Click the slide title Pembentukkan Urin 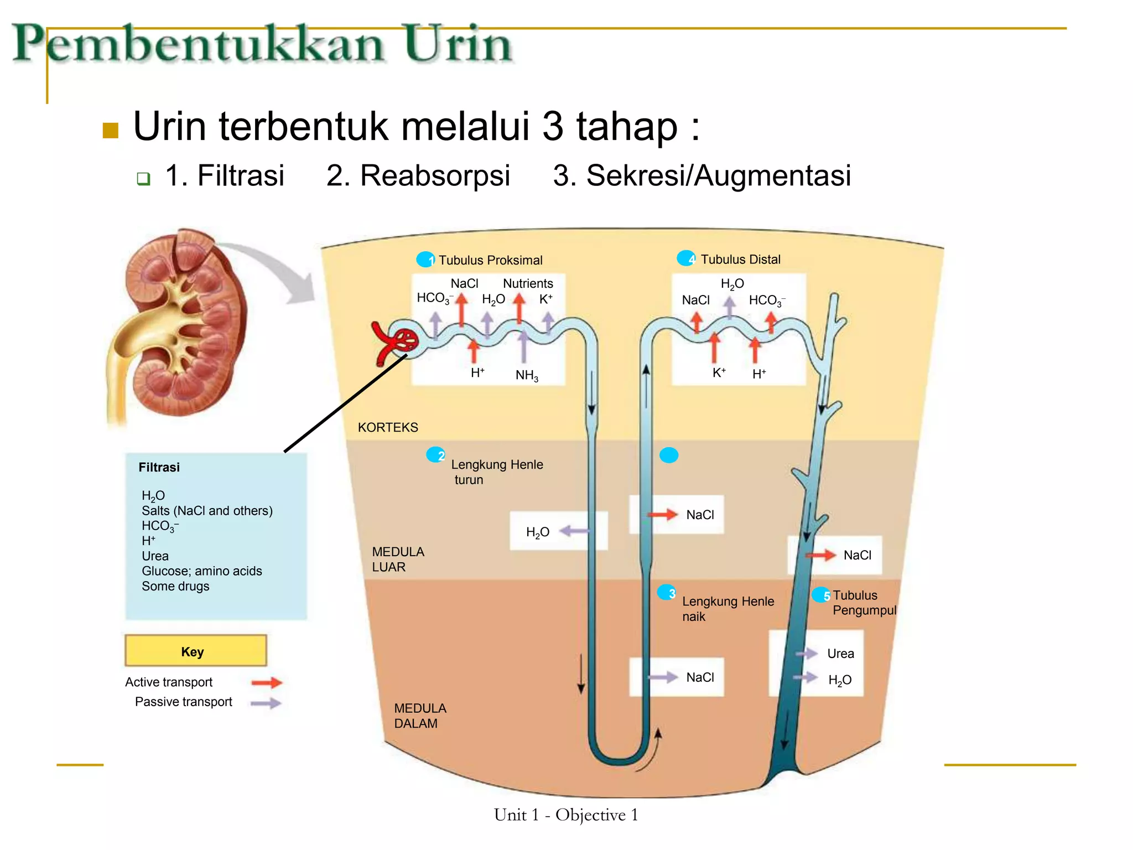coord(263,44)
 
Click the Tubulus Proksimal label coord(490,260)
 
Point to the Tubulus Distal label coord(740,260)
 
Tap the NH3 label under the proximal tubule coord(526,375)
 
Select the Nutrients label coord(527,283)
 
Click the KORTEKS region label coord(388,427)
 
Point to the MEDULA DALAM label coord(420,716)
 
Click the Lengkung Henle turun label coord(496,471)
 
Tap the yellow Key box coord(195,651)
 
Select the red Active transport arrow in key coord(267,682)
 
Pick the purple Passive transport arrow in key coord(266,703)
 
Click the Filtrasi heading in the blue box coord(159,468)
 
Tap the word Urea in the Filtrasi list coord(155,556)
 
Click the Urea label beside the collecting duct coord(840,654)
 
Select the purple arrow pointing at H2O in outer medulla coord(574,531)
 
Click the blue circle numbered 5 coord(821,595)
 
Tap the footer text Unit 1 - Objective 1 coord(566,815)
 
